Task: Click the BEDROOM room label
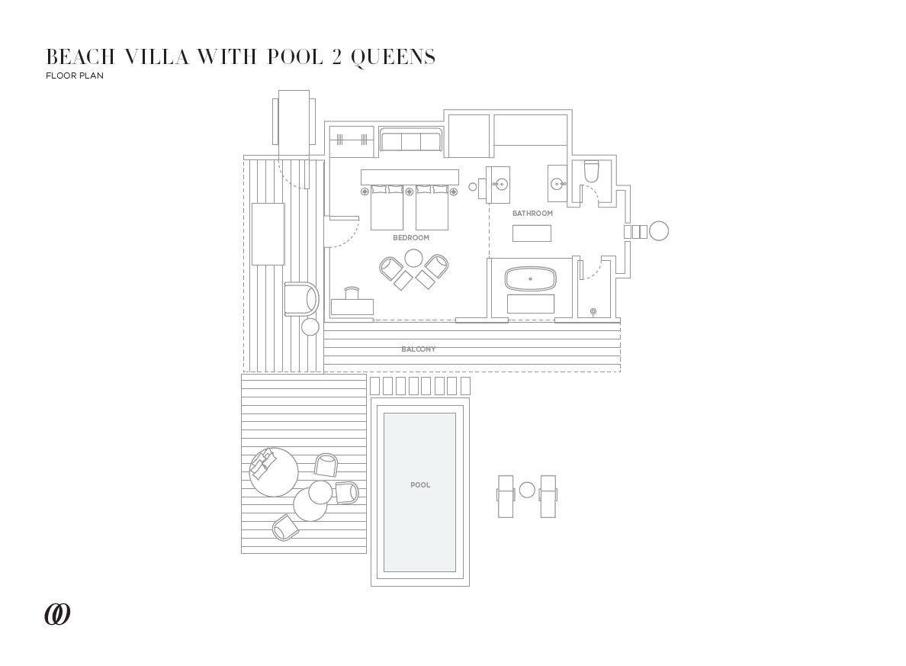(x=411, y=238)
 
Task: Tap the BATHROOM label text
(x=532, y=214)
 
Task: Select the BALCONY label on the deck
(x=419, y=349)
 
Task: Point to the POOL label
(x=420, y=485)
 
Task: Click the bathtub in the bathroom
(x=531, y=279)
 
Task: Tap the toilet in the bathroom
(x=592, y=172)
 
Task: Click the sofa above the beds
(x=411, y=142)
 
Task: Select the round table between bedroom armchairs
(x=414, y=259)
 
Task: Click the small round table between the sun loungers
(x=527, y=490)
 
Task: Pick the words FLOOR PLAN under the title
(x=75, y=76)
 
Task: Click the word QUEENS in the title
(x=394, y=57)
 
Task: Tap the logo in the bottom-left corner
(x=57, y=614)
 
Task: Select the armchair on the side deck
(x=301, y=299)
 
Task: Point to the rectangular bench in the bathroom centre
(x=532, y=233)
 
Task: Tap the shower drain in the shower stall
(x=593, y=311)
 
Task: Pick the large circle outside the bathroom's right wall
(x=658, y=230)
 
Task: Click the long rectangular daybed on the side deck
(x=268, y=233)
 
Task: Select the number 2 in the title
(x=336, y=57)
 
